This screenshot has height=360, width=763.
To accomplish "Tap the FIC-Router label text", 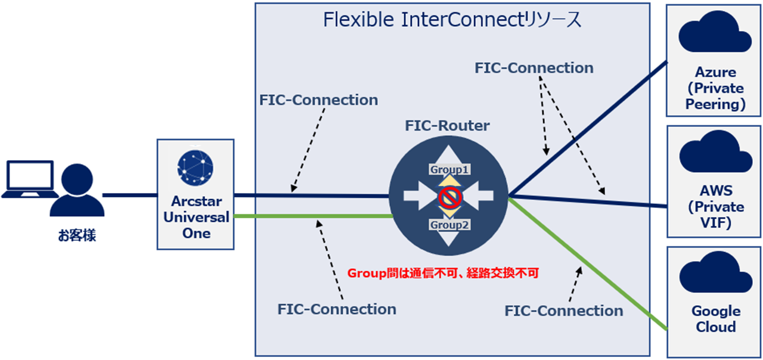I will coord(447,126).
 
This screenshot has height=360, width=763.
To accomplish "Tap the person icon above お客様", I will coord(77,191).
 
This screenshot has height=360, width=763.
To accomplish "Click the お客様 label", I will coord(77,236).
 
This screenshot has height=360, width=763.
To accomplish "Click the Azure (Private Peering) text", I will coord(715,88).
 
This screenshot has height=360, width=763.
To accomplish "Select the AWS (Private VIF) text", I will coord(715,207).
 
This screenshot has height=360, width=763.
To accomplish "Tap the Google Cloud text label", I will coord(715,319).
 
